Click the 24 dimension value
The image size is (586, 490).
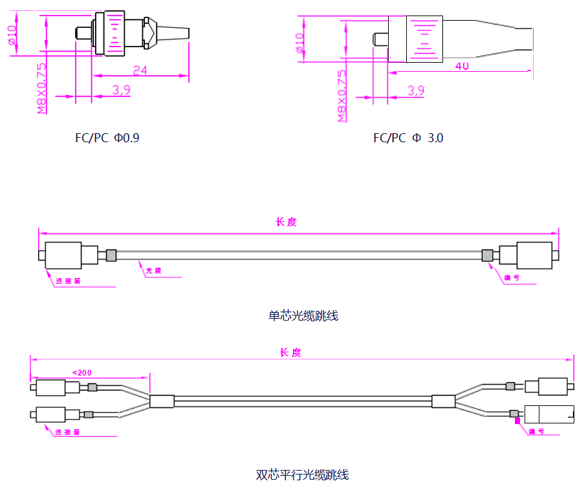[x=140, y=70]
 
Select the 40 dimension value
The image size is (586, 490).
[x=462, y=66]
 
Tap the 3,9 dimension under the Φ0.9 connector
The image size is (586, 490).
[x=121, y=91]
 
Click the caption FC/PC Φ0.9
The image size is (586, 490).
[x=107, y=138]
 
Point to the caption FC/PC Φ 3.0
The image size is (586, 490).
[x=408, y=138]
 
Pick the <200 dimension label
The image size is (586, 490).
[x=82, y=372]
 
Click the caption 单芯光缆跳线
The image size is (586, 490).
[x=303, y=316]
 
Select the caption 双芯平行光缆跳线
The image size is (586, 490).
[x=302, y=475]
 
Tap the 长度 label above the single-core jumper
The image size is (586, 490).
[x=285, y=222]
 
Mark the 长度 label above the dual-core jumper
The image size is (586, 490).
[x=290, y=352]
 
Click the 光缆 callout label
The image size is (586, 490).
[x=153, y=271]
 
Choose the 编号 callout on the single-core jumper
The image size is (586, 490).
[x=512, y=278]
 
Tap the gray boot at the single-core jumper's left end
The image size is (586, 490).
[x=111, y=255]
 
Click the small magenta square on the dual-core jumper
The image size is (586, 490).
[x=517, y=420]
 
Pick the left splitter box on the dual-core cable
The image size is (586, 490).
[x=162, y=401]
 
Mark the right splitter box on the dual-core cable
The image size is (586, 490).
[x=444, y=401]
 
